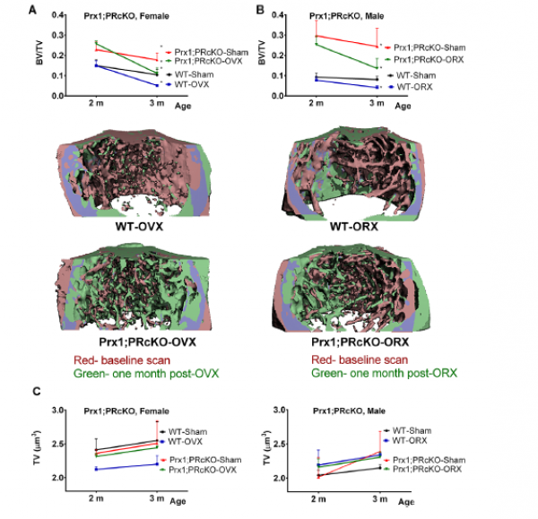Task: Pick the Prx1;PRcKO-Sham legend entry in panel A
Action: (x=209, y=52)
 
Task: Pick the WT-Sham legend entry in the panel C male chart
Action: (x=412, y=431)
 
